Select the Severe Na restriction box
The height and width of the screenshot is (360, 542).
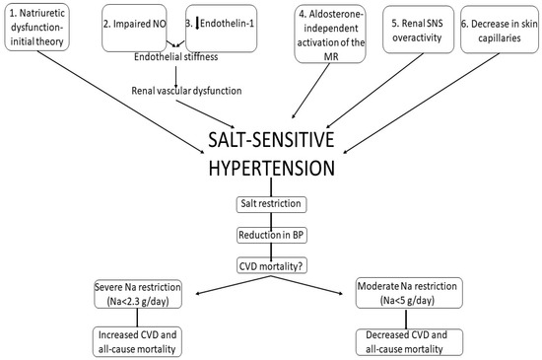(139, 292)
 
